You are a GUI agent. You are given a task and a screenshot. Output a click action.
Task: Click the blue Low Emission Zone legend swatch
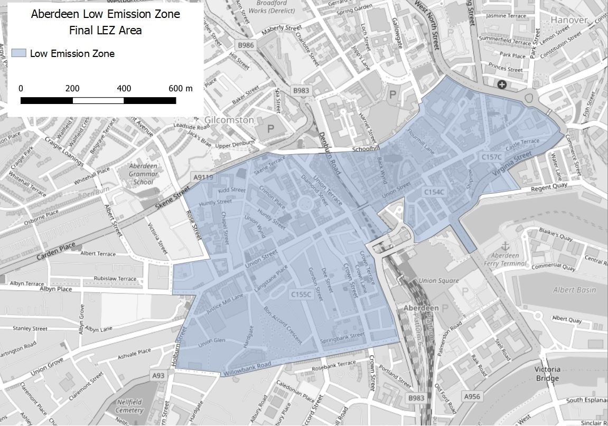click(x=18, y=53)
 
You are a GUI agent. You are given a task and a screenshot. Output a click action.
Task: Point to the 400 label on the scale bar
click(x=124, y=88)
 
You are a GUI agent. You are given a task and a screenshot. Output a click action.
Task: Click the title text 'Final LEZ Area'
click(x=105, y=30)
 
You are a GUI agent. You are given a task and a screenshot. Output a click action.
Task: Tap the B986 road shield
click(x=246, y=45)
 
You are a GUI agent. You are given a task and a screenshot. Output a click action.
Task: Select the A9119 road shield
click(x=203, y=177)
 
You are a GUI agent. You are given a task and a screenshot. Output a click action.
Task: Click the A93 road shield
click(x=158, y=375)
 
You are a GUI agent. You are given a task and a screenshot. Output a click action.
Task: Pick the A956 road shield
click(x=472, y=396)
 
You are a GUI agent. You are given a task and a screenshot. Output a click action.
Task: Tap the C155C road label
click(x=301, y=296)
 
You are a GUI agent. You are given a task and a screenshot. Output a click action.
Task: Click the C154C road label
click(x=434, y=193)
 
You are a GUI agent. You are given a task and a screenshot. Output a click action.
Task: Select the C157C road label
click(x=491, y=157)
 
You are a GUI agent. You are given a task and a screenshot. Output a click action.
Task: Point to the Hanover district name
click(x=569, y=20)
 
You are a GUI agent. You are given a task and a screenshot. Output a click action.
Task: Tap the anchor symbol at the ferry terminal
click(x=504, y=246)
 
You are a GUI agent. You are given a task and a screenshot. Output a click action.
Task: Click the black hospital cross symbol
click(x=501, y=84)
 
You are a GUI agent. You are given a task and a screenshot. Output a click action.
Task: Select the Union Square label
click(x=438, y=280)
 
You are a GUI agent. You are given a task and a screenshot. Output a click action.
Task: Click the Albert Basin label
click(x=574, y=290)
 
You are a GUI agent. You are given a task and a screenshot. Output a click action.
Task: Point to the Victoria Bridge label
click(x=547, y=374)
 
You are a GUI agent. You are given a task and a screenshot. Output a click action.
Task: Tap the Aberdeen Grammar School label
click(x=143, y=174)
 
